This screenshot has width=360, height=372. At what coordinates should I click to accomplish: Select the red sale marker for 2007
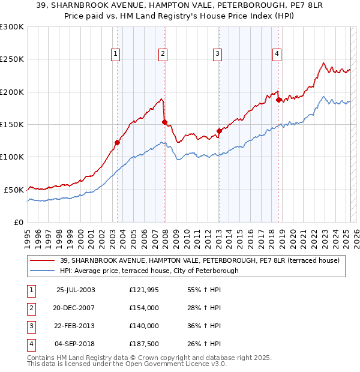[x=164, y=122]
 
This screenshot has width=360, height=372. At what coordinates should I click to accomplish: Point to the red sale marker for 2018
[x=278, y=100]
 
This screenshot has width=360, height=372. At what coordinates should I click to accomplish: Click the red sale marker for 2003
[x=118, y=142]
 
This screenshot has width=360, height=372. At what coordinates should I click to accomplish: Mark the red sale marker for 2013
[x=219, y=131]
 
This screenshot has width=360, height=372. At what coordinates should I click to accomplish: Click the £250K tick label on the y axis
[x=13, y=59]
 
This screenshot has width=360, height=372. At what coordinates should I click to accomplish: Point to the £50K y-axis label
[x=14, y=190]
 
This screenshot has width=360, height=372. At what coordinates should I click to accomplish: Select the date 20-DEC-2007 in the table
[x=75, y=308]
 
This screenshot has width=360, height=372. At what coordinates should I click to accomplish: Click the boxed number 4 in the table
[x=31, y=344]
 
